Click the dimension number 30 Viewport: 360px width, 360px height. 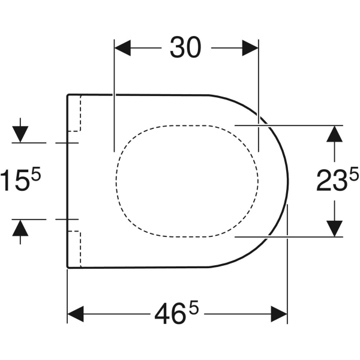pos(185,49)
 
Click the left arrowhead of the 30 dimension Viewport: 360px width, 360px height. pos(122,49)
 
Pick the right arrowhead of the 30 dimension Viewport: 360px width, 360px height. pos(250,49)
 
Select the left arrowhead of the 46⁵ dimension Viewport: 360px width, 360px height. pos(75,314)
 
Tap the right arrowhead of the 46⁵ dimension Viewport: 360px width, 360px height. pos(280,314)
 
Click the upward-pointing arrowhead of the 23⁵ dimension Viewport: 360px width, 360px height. pos(334,133)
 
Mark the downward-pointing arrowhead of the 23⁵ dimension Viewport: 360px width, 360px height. pos(334,229)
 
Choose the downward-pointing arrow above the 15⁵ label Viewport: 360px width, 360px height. pos(20,132)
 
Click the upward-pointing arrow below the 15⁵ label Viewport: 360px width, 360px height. pos(20,229)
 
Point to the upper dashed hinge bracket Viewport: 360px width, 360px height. pos(74,114)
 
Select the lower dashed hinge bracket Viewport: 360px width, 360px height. pos(74,248)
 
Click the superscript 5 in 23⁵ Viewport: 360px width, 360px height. pos(354,175)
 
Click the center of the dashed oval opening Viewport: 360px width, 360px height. pos(187,179)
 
